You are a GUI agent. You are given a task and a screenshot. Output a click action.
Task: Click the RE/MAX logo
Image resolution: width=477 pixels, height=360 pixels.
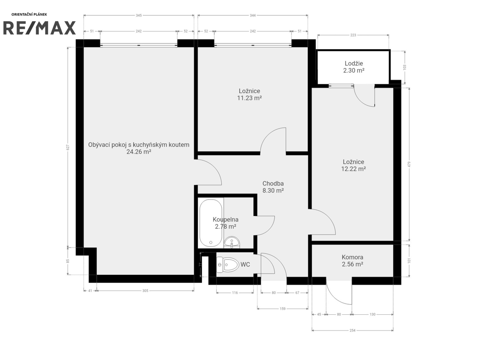pos(39,28)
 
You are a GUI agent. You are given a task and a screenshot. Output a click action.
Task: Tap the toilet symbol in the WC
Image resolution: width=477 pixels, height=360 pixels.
pos(228,265)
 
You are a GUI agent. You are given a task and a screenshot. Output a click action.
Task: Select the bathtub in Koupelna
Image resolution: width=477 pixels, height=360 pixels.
pos(211,223)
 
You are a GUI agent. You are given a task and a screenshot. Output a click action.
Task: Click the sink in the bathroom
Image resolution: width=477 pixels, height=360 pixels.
pos(232,242)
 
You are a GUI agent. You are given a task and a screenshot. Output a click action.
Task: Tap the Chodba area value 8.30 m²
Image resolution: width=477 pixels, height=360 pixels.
pos(273,191)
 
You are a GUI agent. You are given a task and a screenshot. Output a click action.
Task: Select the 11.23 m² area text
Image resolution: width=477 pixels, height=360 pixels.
pos(249,98)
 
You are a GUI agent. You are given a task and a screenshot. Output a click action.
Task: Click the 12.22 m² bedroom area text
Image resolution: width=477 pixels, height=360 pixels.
pos(353,169)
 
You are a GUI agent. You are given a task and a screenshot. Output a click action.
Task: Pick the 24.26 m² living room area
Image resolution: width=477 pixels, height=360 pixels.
pos(139,152)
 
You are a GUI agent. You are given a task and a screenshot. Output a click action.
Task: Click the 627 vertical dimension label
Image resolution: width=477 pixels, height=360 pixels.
pos(68,147)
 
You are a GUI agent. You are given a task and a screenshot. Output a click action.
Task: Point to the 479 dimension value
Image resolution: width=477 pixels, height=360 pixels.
pos(409,164)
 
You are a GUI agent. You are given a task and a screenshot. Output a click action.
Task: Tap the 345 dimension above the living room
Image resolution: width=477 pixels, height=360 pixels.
pos(139,15)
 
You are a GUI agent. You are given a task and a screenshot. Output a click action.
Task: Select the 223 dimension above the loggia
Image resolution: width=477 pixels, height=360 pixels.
pos(353,35)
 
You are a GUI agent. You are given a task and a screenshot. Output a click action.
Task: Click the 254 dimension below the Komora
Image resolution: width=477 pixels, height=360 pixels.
pos(352,330)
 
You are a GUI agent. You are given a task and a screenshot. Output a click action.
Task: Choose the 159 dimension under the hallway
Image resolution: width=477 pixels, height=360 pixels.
pos(283,309)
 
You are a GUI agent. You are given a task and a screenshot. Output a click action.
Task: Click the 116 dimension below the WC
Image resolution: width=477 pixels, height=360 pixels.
pos(235,293)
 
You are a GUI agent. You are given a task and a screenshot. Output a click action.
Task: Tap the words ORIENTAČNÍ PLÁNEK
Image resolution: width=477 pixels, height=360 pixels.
pos(29,15)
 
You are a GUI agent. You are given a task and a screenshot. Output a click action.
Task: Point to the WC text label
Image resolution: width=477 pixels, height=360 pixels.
pos(245,264)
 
